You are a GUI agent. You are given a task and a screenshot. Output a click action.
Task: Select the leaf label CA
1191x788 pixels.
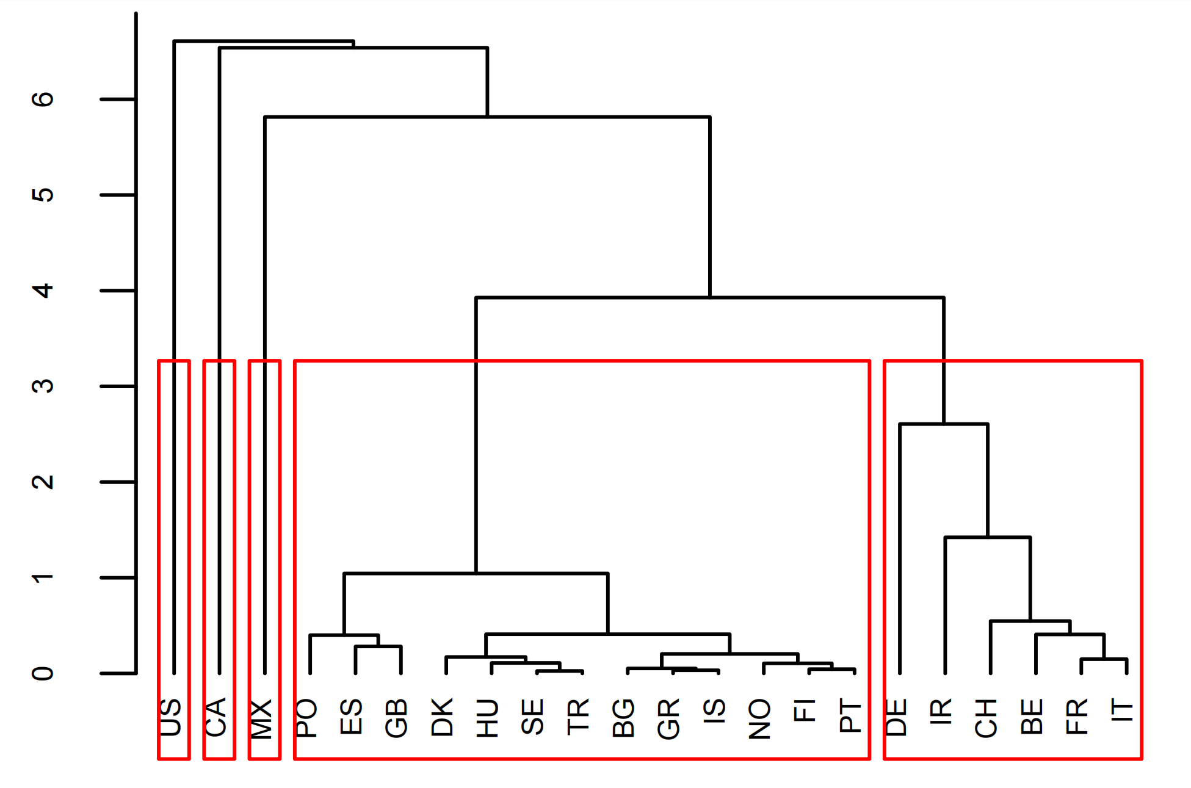click(x=216, y=717)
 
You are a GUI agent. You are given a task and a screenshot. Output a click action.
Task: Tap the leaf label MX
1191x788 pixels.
click(x=261, y=718)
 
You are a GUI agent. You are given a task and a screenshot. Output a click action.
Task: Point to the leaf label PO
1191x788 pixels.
click(x=306, y=718)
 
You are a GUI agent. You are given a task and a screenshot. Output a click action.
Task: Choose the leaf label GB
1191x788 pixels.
click(x=397, y=718)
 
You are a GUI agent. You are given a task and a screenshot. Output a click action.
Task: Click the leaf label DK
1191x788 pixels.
click(x=443, y=717)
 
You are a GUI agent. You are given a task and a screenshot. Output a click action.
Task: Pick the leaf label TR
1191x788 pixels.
click(x=578, y=717)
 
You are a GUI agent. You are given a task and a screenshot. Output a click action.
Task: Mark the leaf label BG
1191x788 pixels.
click(x=623, y=718)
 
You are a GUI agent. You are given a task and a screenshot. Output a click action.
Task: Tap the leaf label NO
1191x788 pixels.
click(x=759, y=719)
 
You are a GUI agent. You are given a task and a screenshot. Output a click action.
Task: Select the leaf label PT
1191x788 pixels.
click(x=850, y=717)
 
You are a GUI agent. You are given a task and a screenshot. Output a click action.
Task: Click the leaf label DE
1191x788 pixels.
click(x=896, y=717)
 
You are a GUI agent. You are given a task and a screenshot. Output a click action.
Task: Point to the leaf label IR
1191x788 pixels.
click(x=941, y=712)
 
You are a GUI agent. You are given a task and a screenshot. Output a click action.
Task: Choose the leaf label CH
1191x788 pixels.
click(x=986, y=718)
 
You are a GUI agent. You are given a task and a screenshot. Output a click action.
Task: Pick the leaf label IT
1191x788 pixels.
click(x=1122, y=711)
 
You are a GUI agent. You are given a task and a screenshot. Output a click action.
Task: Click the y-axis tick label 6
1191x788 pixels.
click(x=43, y=99)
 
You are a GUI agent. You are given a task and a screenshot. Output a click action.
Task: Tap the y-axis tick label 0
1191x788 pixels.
click(x=43, y=674)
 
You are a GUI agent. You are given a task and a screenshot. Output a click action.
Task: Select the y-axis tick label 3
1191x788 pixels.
click(x=43, y=386)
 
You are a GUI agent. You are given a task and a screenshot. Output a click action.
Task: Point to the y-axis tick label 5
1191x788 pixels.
click(x=43, y=195)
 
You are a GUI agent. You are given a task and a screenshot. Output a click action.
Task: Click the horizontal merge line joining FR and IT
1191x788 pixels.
click(x=1104, y=659)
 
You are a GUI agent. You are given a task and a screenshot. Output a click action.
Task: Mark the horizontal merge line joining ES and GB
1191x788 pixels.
click(x=378, y=646)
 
